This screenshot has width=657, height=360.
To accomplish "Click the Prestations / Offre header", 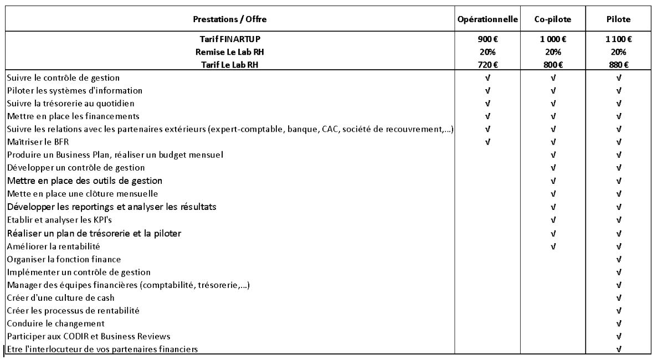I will tap(229, 19).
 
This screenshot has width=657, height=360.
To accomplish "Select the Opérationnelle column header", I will tap(487, 19).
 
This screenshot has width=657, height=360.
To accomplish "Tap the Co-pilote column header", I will tap(553, 19).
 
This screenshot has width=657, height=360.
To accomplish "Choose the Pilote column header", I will tap(618, 19).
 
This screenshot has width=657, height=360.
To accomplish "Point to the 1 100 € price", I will tap(618, 39).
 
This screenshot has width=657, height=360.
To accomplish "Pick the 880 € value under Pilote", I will tap(618, 65).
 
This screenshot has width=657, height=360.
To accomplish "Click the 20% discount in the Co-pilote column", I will tap(553, 52).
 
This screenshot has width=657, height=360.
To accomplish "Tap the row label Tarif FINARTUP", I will tap(229, 39).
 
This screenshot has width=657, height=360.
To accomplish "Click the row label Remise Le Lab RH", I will tap(229, 52).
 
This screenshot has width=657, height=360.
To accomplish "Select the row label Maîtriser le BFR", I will tap(37, 142).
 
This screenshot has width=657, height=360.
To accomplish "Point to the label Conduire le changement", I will tap(56, 323).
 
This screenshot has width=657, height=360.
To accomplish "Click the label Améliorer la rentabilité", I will tap(54, 246).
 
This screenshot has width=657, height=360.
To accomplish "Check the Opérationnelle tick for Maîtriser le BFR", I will tap(487, 142).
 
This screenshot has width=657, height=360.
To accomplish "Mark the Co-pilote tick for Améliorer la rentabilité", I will tap(553, 246).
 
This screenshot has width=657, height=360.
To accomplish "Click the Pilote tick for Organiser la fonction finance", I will tap(618, 259).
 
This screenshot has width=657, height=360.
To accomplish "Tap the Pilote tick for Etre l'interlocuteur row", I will tap(618, 349).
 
